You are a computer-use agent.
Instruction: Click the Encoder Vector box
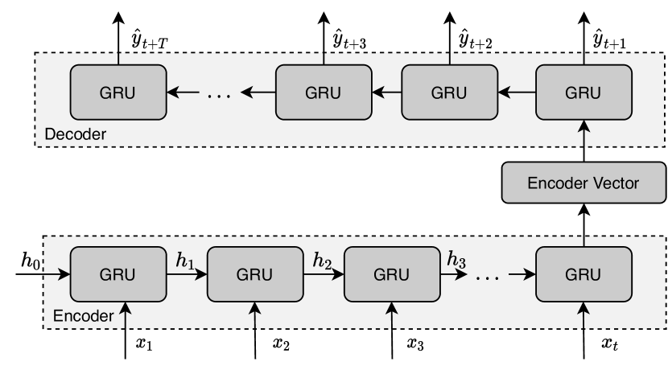(582, 183)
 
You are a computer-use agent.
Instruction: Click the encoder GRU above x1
(118, 273)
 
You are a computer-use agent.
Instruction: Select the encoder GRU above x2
(255, 273)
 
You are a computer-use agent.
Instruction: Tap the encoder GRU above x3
(392, 273)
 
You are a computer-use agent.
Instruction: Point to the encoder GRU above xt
(582, 273)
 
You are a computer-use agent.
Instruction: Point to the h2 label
(324, 260)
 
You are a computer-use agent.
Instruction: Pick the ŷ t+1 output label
(613, 35)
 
